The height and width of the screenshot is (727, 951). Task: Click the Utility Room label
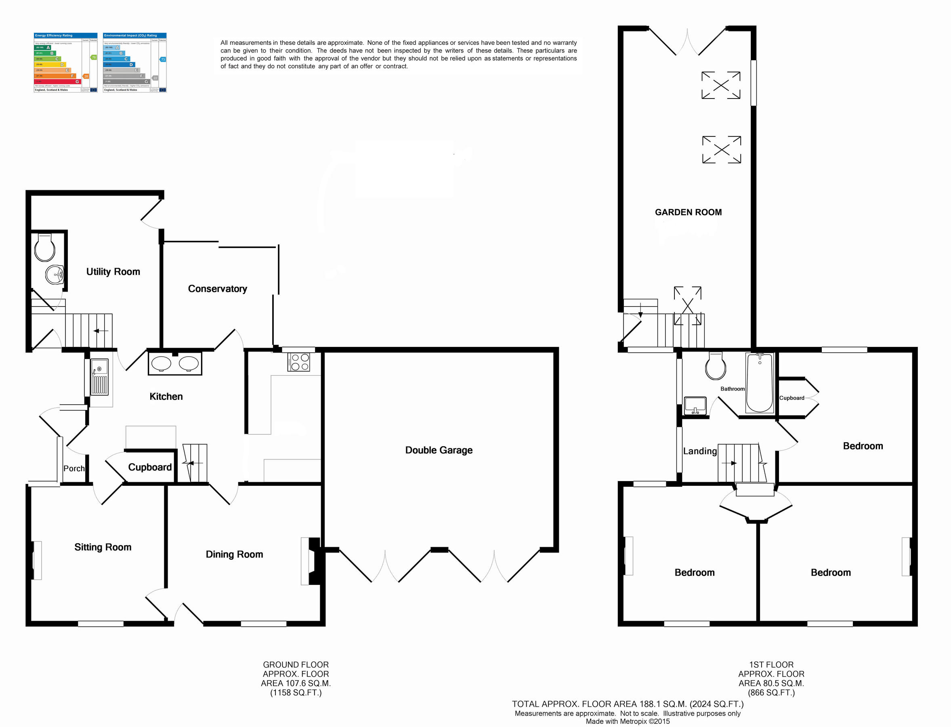coord(113,272)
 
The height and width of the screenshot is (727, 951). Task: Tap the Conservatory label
coord(217,289)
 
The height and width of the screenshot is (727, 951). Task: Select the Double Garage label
coord(439,450)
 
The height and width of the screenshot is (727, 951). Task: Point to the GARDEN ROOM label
coord(688,212)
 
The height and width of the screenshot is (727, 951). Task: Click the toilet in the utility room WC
coord(44,248)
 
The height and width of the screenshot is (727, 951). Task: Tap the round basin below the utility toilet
coord(55,274)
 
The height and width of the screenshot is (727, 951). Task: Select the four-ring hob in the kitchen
coord(298,362)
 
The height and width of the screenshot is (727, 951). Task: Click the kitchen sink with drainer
coord(99,377)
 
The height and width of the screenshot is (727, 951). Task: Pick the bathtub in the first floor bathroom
coord(759,382)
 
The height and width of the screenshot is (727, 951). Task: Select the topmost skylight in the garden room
coord(720,85)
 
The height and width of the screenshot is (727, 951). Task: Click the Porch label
coord(74,468)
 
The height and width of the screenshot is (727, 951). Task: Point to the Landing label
coord(699,451)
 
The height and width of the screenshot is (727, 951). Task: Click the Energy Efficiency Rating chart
coord(66,63)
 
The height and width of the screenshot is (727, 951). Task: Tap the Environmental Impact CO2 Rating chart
coord(134,63)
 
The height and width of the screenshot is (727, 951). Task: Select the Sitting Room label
coord(103,547)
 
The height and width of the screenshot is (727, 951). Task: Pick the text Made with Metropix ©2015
coord(628,721)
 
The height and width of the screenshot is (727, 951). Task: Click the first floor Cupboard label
coord(791,398)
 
